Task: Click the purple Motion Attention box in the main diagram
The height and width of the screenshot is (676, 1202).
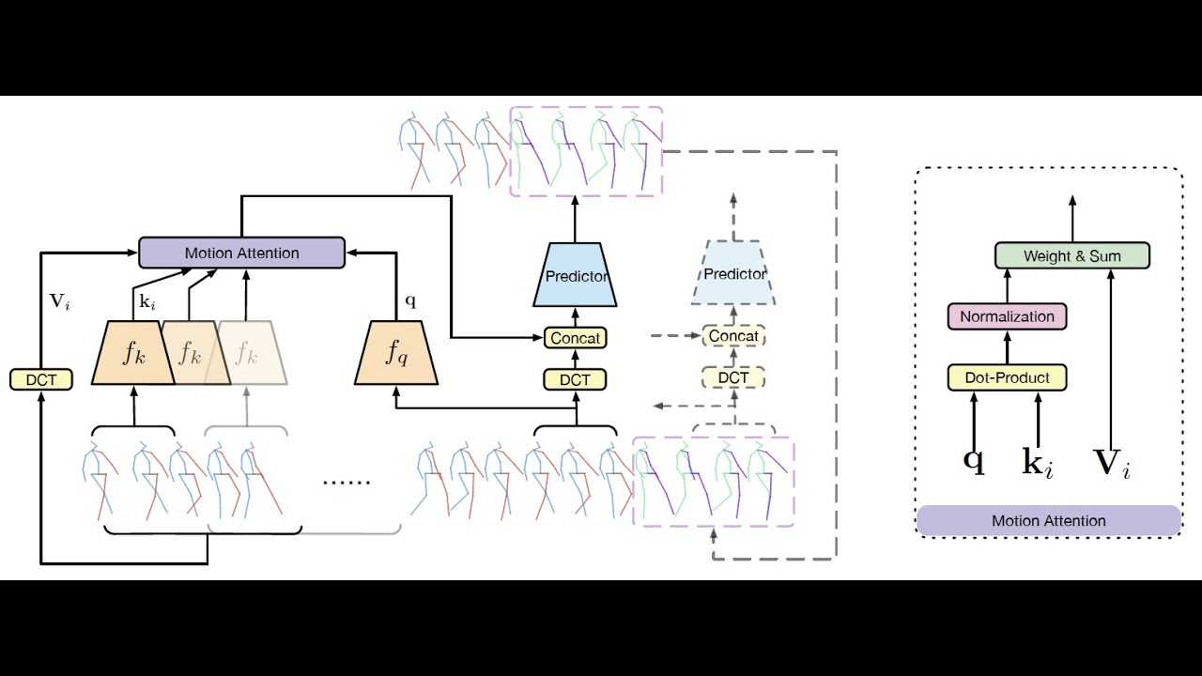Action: coord(241,253)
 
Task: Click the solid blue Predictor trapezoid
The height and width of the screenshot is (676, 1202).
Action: coord(575,276)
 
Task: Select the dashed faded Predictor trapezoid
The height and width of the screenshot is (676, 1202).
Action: coord(733,274)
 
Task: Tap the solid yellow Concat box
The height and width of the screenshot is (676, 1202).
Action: coord(575,337)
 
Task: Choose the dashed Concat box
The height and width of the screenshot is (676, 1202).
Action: coord(733,336)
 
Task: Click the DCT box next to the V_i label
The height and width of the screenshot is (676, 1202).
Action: coord(41,379)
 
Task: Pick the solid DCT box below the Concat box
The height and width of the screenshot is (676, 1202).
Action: coord(575,379)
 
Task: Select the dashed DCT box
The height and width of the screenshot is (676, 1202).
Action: coord(733,377)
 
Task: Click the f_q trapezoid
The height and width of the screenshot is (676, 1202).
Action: coord(395,353)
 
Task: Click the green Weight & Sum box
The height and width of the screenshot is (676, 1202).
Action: coord(1071,255)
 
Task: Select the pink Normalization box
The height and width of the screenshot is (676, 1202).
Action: coord(1007,316)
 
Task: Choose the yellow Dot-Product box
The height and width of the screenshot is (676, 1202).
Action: coord(1007,377)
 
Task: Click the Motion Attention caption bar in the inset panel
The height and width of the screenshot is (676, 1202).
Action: coord(1048,520)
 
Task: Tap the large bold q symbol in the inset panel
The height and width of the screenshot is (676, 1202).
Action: coord(974,461)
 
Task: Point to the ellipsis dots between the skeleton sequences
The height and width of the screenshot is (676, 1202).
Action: coord(347,482)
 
